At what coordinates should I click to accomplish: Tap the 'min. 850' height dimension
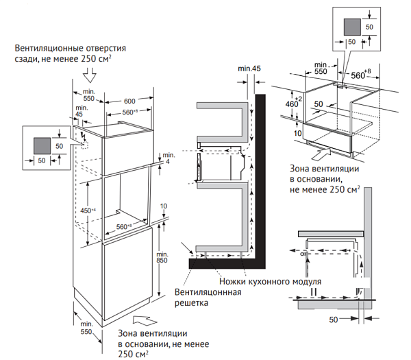tap(162, 255)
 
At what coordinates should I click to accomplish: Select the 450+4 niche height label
tap(87, 211)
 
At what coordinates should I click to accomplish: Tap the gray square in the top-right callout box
tap(350, 26)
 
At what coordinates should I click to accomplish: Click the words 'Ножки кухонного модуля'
tap(269, 282)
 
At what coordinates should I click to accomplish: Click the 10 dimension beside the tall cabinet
tap(164, 206)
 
